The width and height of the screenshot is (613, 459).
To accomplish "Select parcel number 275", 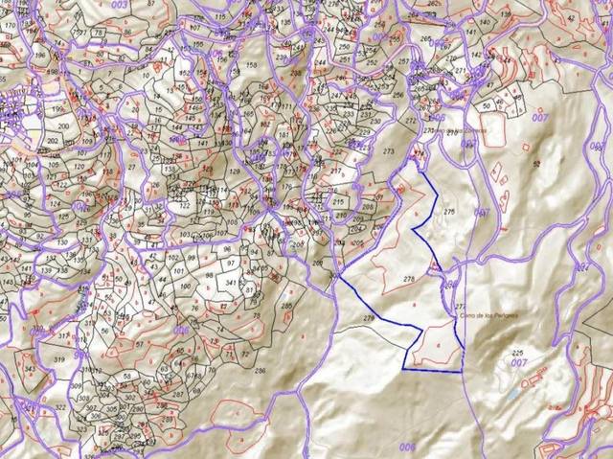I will pyautogui.click(x=450, y=210).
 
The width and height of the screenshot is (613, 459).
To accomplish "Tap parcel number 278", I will pyautogui.click(x=409, y=279).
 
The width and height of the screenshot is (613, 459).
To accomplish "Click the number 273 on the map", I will pyautogui.click(x=389, y=152).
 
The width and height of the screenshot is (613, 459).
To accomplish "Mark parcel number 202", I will pyautogui.click(x=52, y=140).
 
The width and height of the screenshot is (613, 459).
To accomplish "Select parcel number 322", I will pyautogui.click(x=60, y=407).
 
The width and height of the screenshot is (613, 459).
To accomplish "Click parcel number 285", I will pyautogui.click(x=286, y=306).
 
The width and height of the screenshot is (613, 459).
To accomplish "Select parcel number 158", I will pyautogui.click(x=251, y=65).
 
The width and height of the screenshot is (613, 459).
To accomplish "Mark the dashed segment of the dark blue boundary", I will pyautogui.click(x=432, y=369).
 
